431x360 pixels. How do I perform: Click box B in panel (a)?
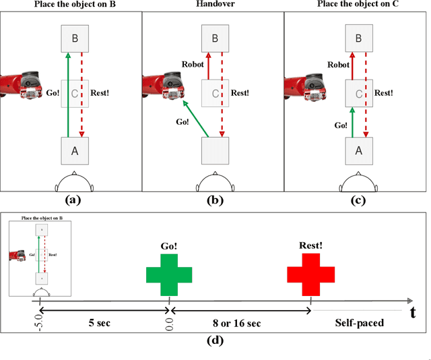click(74, 38)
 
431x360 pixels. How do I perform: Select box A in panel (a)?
click(74, 151)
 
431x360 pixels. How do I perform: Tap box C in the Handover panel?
click(215, 93)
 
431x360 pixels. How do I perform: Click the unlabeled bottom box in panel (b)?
click(215, 151)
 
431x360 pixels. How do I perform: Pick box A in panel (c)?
click(358, 151)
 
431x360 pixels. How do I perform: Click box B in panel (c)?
click(358, 38)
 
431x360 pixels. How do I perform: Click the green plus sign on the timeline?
click(169, 274)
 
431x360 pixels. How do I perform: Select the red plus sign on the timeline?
click(310, 274)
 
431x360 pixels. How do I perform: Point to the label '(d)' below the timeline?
click(214, 340)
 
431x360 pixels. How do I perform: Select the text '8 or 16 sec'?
click(240, 323)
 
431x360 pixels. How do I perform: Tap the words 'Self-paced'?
click(360, 323)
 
